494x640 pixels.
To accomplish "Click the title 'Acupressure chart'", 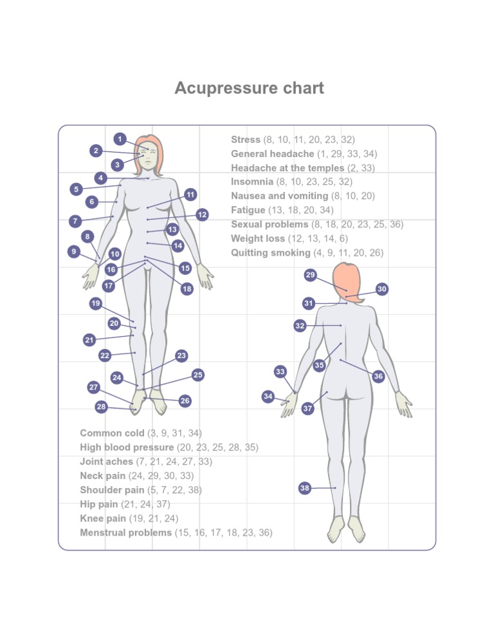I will tap(249, 88).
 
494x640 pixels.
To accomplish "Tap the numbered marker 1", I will tap(120, 138).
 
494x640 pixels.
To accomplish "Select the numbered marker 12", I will tap(202, 215).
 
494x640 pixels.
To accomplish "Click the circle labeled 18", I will tap(187, 289).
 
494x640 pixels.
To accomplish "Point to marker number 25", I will tap(198, 375).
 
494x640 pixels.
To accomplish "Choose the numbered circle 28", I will tap(101, 407).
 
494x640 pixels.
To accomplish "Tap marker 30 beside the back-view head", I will tap(382, 289).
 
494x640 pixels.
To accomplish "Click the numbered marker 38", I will tap(305, 488).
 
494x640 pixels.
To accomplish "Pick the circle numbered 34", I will tap(268, 396).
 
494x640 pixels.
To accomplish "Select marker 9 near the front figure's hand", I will tap(75, 251).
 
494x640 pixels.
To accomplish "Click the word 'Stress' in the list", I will tap(246, 140).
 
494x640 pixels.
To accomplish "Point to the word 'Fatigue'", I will tap(248, 210).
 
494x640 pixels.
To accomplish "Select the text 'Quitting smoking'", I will tap(270, 253).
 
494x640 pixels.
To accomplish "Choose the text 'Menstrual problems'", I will tap(125, 533).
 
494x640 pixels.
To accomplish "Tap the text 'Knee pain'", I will tap(99, 518).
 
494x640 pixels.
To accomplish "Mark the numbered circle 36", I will tap(378, 376).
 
